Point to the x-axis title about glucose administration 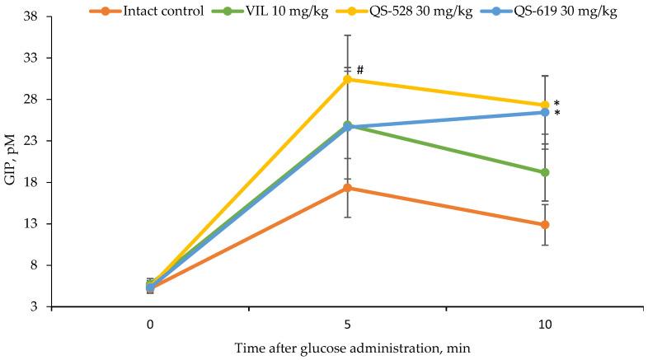(x=347, y=348)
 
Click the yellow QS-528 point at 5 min (x=347, y=79)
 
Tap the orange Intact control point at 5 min (x=347, y=188)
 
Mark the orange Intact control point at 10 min (x=544, y=225)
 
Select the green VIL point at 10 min (x=544, y=172)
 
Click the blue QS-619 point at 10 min (x=544, y=112)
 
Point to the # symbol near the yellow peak (x=360, y=70)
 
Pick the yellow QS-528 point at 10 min (x=544, y=105)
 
